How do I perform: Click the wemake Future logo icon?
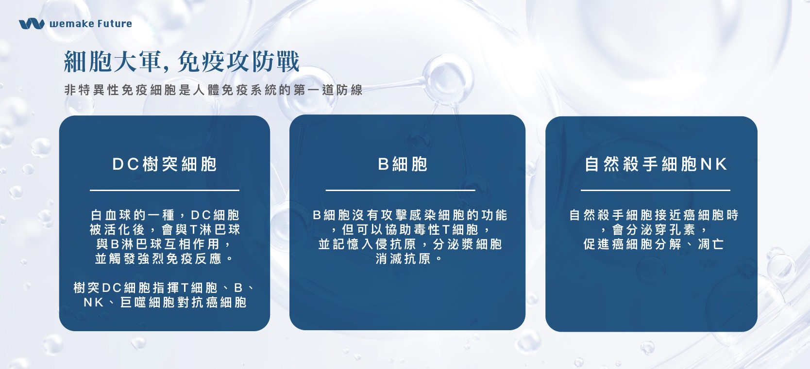[32, 23]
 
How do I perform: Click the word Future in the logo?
[115, 24]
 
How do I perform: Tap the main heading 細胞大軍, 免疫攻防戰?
[182, 62]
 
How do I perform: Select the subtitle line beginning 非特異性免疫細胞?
[213, 90]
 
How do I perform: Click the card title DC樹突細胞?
[165, 164]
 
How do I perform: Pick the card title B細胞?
[403, 164]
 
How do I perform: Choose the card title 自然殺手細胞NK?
[656, 164]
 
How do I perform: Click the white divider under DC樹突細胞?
[165, 190]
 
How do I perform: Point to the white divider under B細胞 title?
[400, 190]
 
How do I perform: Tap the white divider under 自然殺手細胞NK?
[656, 190]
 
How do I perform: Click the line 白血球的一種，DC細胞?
[165, 215]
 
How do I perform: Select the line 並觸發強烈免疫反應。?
[165, 259]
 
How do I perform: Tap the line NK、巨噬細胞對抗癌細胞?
[165, 302]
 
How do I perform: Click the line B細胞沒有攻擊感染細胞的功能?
[410, 215]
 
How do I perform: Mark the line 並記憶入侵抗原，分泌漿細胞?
[410, 244]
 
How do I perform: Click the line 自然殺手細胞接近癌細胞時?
[654, 215]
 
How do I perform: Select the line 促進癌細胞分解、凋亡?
[654, 244]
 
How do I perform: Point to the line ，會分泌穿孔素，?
[654, 230]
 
